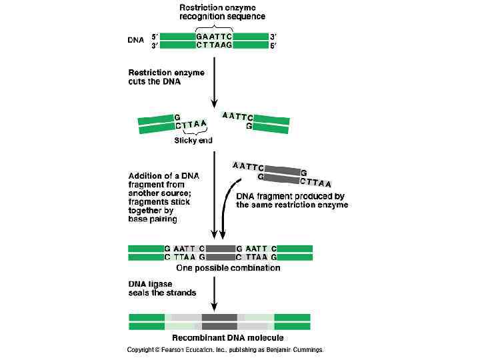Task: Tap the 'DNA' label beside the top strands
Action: pos(136,40)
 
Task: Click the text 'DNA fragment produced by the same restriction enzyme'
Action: pos(292,201)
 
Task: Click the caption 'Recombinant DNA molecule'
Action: pos(220,338)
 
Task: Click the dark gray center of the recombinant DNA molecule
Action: pos(220,321)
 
